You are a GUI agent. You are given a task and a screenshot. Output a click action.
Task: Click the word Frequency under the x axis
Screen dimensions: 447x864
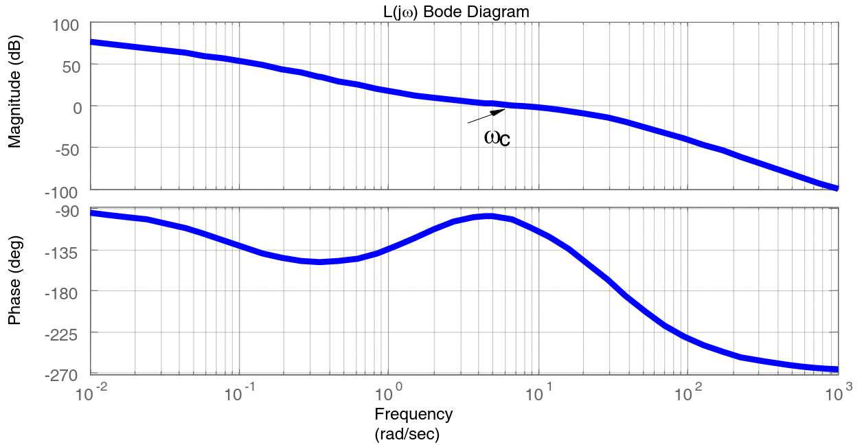[413, 414]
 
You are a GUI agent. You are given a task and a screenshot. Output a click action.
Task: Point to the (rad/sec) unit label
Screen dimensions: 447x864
[407, 434]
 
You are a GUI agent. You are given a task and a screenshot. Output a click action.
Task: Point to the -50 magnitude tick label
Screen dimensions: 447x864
[67, 149]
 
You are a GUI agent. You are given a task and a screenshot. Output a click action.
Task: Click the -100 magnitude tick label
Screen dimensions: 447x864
[63, 191]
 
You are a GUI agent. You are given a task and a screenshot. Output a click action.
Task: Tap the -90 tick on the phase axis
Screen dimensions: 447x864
[67, 211]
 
